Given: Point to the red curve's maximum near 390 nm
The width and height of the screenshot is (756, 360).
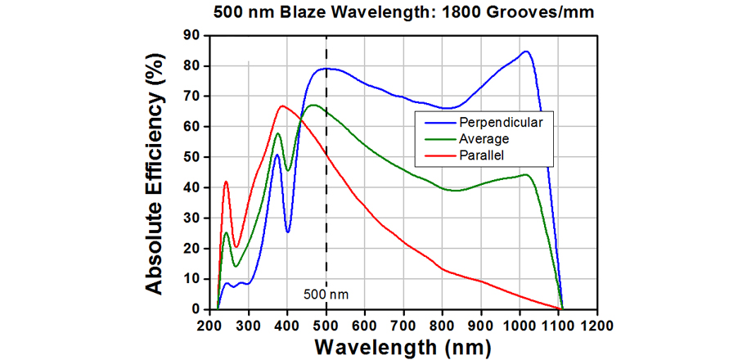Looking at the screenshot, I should tap(282, 106).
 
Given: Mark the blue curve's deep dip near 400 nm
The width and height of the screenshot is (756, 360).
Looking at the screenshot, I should tap(288, 232).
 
